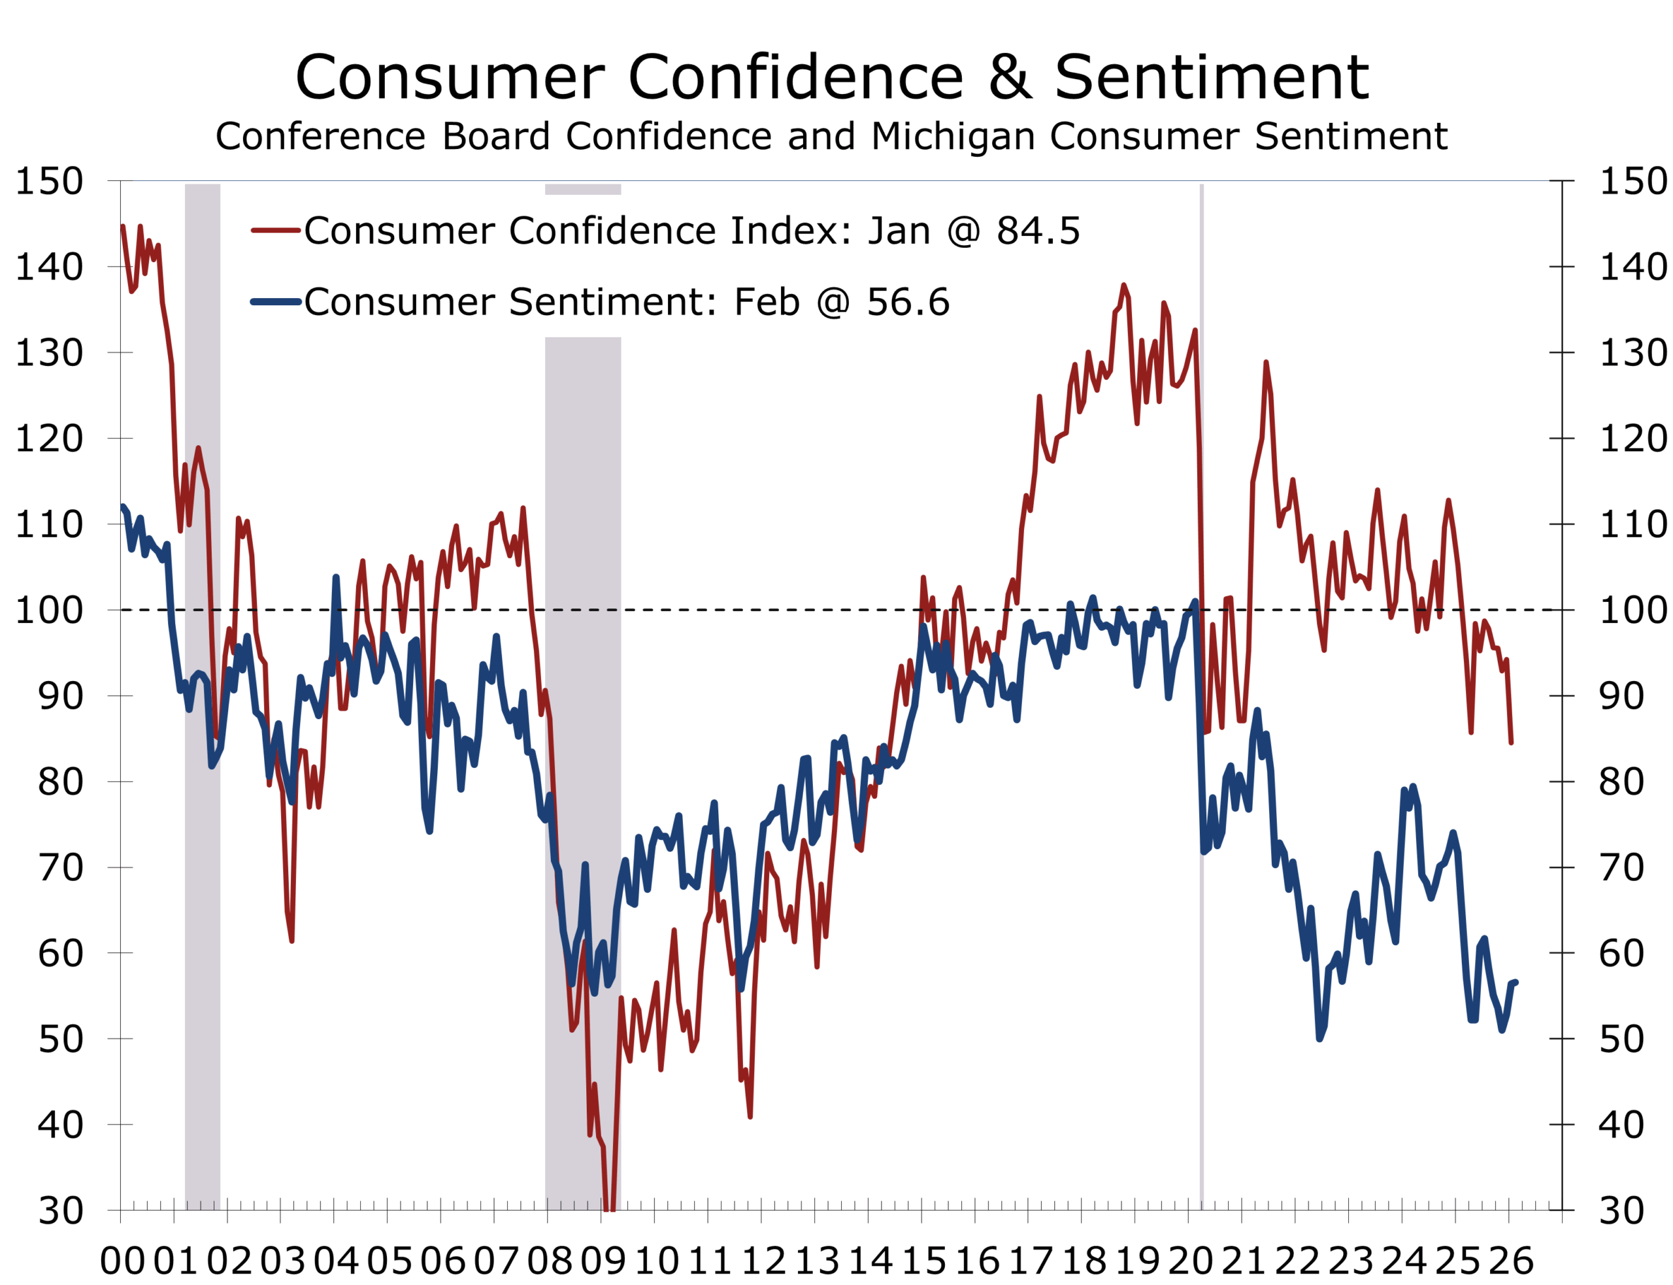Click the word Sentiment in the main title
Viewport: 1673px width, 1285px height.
(1210, 78)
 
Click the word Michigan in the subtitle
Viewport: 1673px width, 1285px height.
(952, 137)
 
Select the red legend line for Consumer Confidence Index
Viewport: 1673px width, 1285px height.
(275, 230)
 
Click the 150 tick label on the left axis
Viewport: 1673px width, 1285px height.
(50, 181)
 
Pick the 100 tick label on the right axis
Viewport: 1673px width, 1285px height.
(1632, 610)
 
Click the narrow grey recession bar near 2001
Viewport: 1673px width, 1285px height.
(203, 688)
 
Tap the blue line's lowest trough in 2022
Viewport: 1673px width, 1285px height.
(1319, 1038)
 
